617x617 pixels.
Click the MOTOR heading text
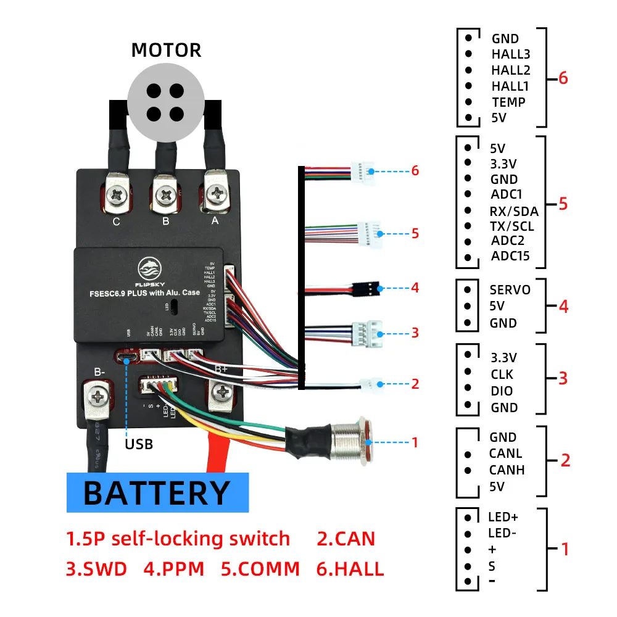[x=166, y=50]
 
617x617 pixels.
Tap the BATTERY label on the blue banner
[x=157, y=493]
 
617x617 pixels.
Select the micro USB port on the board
[x=127, y=357]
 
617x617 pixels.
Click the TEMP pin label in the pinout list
[x=508, y=102]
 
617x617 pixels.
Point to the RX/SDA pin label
[x=513, y=211]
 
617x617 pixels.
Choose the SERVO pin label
[x=510, y=289]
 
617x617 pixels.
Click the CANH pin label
[x=507, y=470]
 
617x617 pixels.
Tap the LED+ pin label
[x=503, y=517]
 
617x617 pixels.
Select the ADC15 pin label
[x=510, y=257]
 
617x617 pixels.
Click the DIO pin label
[x=502, y=391]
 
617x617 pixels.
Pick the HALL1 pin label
[x=510, y=86]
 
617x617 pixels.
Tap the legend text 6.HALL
[x=349, y=568]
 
